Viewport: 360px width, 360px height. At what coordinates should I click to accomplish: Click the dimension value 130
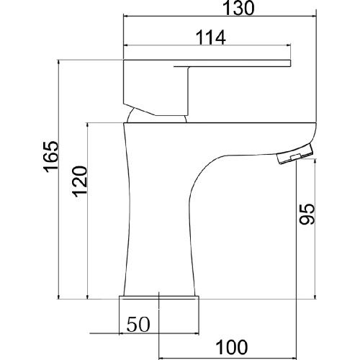(238, 8)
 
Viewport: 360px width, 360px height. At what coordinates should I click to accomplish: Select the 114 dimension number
(211, 37)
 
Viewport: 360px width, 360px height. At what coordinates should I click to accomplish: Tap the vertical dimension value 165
(51, 156)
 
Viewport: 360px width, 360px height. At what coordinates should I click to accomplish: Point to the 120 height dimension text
(80, 181)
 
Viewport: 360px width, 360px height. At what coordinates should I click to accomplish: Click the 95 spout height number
(307, 214)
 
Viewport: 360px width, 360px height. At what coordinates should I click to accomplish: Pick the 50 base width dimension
(138, 324)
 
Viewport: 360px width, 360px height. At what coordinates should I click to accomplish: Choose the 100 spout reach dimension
(232, 347)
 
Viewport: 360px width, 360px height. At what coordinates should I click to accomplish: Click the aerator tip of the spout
(295, 154)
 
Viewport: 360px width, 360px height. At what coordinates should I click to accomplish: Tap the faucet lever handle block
(156, 88)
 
